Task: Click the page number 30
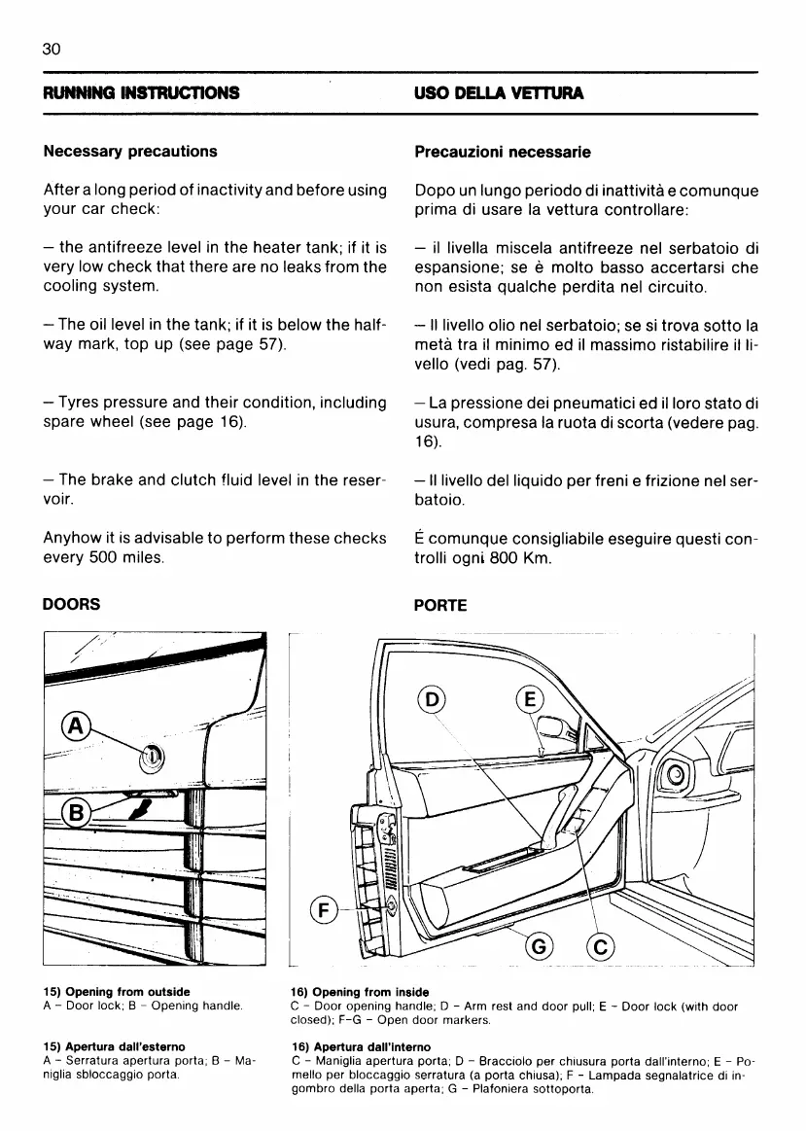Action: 53,48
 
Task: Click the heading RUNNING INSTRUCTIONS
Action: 141,93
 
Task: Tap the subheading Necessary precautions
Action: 130,152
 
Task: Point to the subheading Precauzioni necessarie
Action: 502,152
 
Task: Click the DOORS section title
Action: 72,604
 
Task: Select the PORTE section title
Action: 440,605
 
